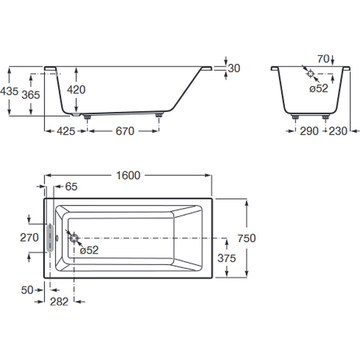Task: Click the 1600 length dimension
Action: [128, 175]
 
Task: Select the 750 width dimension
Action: [246, 238]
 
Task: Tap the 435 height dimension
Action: [9, 91]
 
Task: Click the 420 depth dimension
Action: [76, 89]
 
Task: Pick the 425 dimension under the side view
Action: [65, 131]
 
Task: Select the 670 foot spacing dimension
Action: [124, 131]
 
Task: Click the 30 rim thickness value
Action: [234, 68]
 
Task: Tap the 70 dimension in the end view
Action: [323, 59]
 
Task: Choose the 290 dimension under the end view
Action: [309, 131]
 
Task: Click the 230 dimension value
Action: [338, 131]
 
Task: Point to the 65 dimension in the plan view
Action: [71, 187]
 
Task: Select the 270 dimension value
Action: [29, 238]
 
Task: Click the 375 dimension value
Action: [226, 258]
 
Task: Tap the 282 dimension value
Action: [59, 301]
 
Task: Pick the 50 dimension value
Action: [27, 290]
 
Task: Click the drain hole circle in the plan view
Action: [74, 238]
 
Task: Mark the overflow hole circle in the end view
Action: [310, 73]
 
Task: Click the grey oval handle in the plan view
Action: [50, 238]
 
